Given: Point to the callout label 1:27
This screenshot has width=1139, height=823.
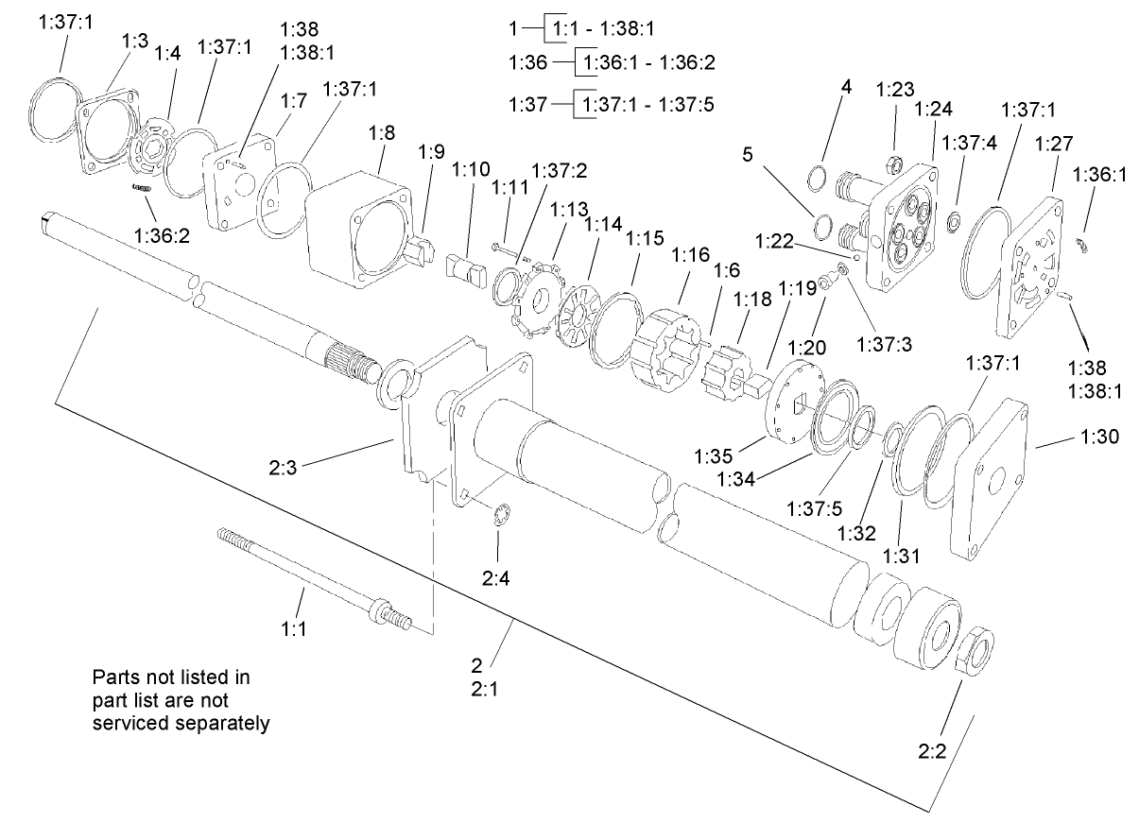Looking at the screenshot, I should (x=1054, y=143).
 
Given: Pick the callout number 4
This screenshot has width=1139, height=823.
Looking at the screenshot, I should (x=847, y=87).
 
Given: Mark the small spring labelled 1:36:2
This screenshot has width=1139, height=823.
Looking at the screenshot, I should (x=143, y=189).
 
